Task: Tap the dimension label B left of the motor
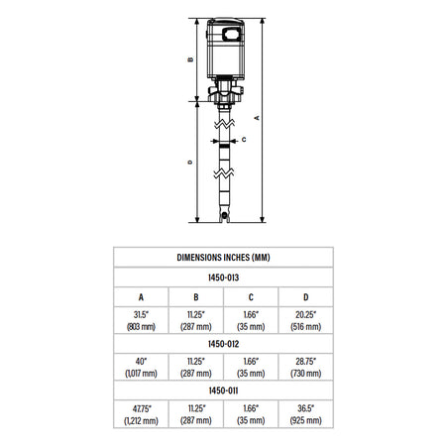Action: coord(189,58)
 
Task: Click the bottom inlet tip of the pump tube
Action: coord(225,217)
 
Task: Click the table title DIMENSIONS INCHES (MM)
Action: coord(223,257)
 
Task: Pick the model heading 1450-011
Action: coord(223,391)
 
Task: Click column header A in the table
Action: coord(141,296)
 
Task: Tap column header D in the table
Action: coord(304,296)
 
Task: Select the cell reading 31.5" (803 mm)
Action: coord(141,320)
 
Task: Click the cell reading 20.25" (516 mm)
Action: coord(304,320)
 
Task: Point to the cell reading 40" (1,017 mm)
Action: coord(141,366)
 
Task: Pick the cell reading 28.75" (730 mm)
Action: coord(304,366)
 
